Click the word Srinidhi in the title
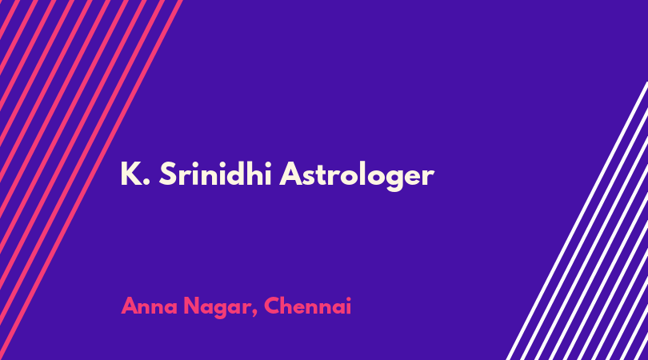pyautogui.click(x=215, y=174)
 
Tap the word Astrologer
pyautogui.click(x=357, y=176)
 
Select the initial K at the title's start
pyautogui.click(x=130, y=174)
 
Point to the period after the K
pyautogui.click(x=146, y=182)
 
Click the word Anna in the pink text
pyautogui.click(x=149, y=306)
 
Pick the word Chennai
pyautogui.click(x=307, y=306)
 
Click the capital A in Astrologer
pyautogui.click(x=290, y=174)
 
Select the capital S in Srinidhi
pyautogui.click(x=167, y=174)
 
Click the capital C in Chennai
pyautogui.click(x=272, y=306)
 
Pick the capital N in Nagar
pyautogui.click(x=191, y=306)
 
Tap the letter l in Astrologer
pyautogui.click(x=358, y=174)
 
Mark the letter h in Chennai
pyautogui.click(x=290, y=306)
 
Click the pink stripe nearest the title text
pyautogui.click(x=90, y=180)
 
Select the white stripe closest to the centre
pyautogui.click(x=577, y=221)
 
